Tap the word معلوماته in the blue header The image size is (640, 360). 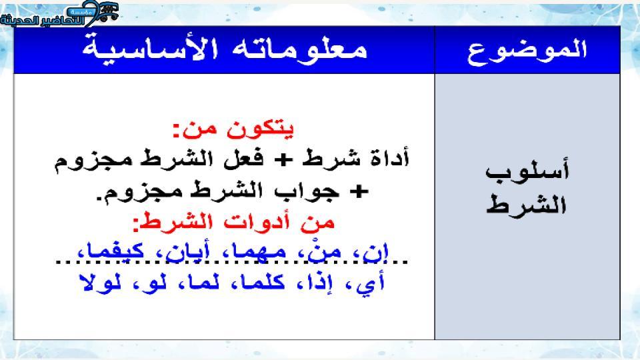click(299, 49)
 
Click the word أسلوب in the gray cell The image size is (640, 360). click(527, 171)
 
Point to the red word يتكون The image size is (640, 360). click(259, 129)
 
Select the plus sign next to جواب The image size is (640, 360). click(359, 191)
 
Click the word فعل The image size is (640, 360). click(244, 159)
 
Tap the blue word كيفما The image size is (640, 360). click(114, 251)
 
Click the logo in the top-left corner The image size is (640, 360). click(59, 13)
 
